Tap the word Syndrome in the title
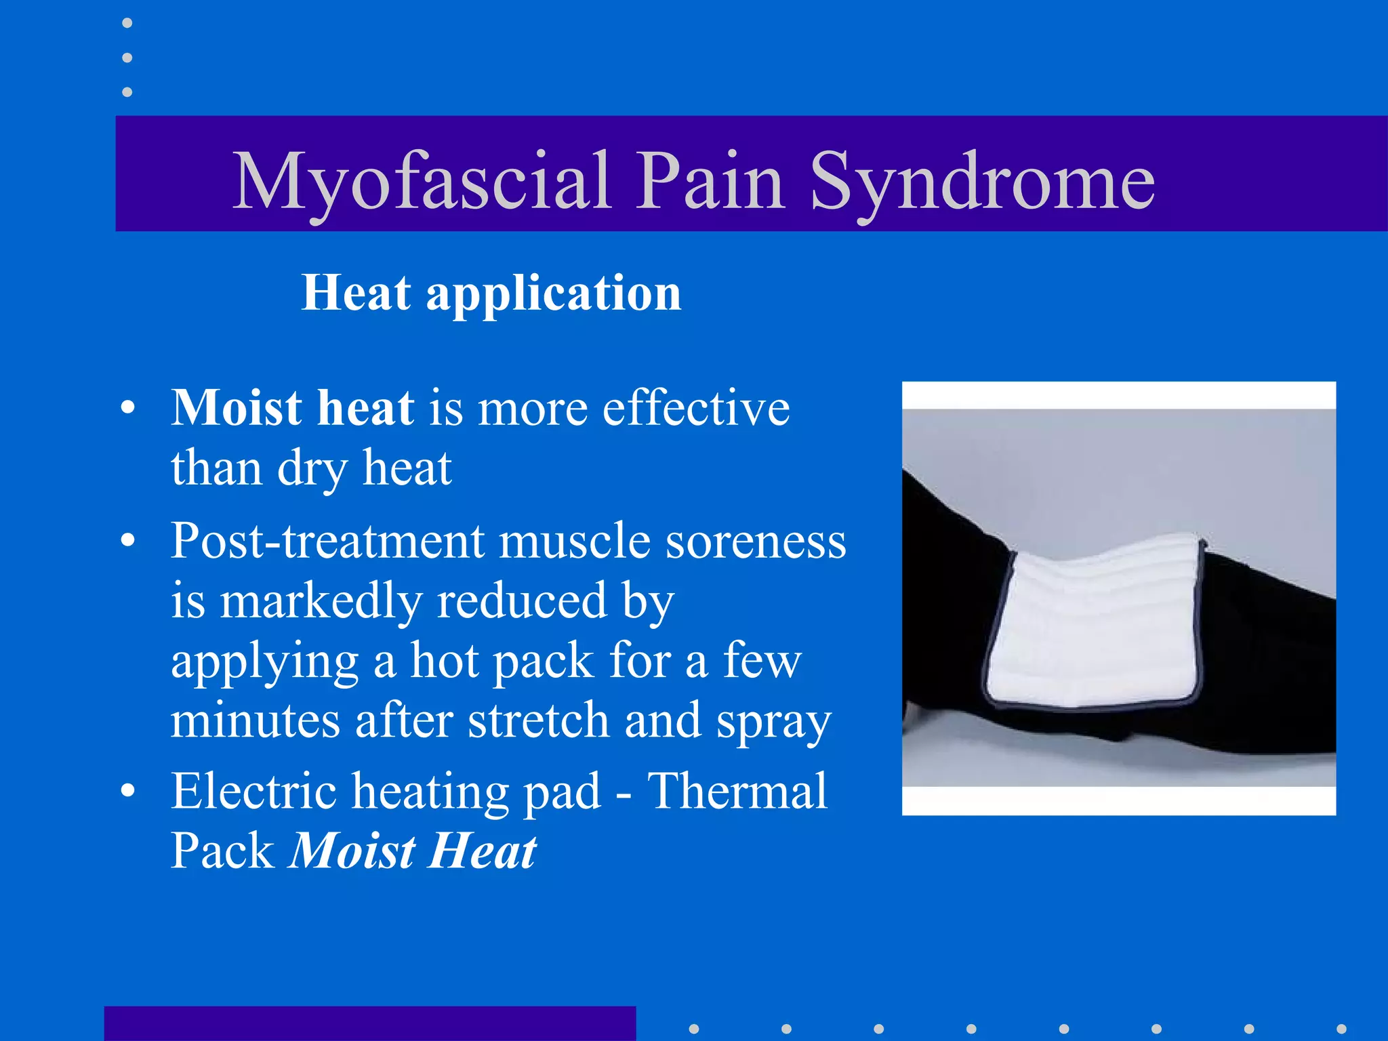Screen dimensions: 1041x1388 coord(982,182)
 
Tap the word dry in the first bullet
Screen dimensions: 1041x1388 coord(312,469)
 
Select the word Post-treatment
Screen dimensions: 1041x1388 coord(328,542)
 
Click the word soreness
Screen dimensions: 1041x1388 coord(756,542)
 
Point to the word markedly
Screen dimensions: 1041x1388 coord(321,601)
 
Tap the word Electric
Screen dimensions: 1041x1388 coord(254,791)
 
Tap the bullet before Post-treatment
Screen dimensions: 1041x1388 coord(127,542)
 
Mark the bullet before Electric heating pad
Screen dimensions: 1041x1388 coord(127,792)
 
